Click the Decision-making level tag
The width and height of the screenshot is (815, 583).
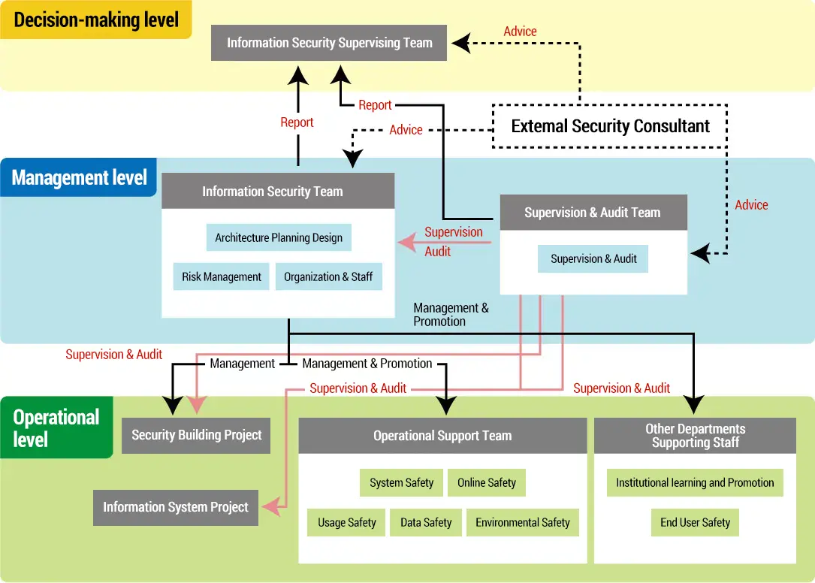pyautogui.click(x=96, y=20)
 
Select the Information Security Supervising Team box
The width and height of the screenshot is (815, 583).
pyautogui.click(x=329, y=43)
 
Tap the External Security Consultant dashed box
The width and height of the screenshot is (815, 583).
pyautogui.click(x=610, y=125)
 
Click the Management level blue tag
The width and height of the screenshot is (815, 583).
pyautogui.click(x=79, y=177)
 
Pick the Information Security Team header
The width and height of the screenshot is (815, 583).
pyautogui.click(x=278, y=191)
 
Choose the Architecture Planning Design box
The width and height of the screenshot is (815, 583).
pyautogui.click(x=279, y=237)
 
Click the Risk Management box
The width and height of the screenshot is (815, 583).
pyautogui.click(x=221, y=276)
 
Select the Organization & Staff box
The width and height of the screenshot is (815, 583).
pyautogui.click(x=328, y=276)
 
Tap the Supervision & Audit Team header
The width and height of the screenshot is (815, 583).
pyautogui.click(x=593, y=213)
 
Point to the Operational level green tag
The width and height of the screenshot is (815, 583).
pyautogui.click(x=56, y=427)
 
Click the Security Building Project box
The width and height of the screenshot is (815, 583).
pyautogui.click(x=196, y=435)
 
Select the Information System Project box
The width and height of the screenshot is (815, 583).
pyautogui.click(x=176, y=507)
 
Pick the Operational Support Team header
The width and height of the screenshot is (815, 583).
pyautogui.click(x=442, y=436)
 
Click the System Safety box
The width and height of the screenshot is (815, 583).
pyautogui.click(x=401, y=482)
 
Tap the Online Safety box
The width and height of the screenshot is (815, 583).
pyautogui.click(x=487, y=482)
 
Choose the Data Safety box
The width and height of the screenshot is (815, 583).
pyautogui.click(x=426, y=522)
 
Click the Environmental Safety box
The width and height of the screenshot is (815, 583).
pyautogui.click(x=523, y=522)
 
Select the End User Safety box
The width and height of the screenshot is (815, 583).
pyautogui.click(x=695, y=522)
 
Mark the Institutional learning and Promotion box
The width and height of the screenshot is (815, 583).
pyautogui.click(x=695, y=482)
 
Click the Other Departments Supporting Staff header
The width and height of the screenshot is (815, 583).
pyautogui.click(x=695, y=436)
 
